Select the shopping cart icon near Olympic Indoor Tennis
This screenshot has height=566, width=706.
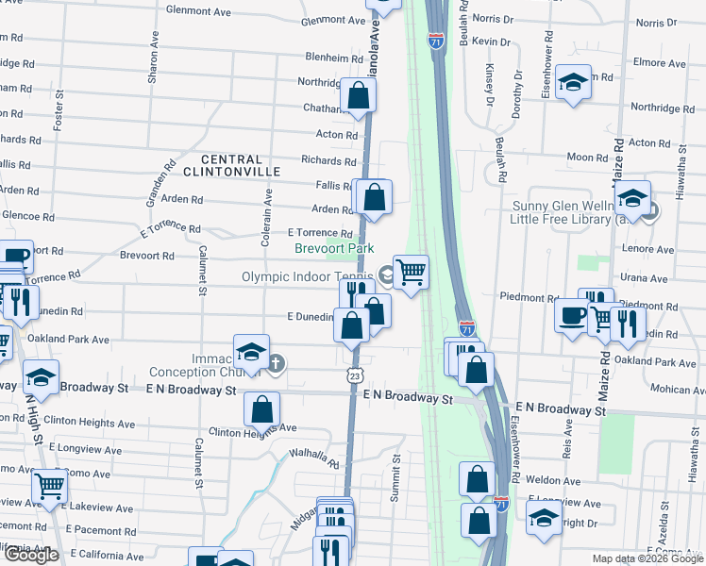(x=411, y=273)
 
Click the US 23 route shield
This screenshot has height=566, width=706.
(x=353, y=375)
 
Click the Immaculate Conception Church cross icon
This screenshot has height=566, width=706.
(x=276, y=363)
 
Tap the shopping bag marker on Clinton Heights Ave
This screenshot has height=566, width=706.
(x=262, y=409)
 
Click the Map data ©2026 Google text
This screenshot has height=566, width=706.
(x=647, y=558)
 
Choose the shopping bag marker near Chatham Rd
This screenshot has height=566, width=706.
(x=359, y=95)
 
